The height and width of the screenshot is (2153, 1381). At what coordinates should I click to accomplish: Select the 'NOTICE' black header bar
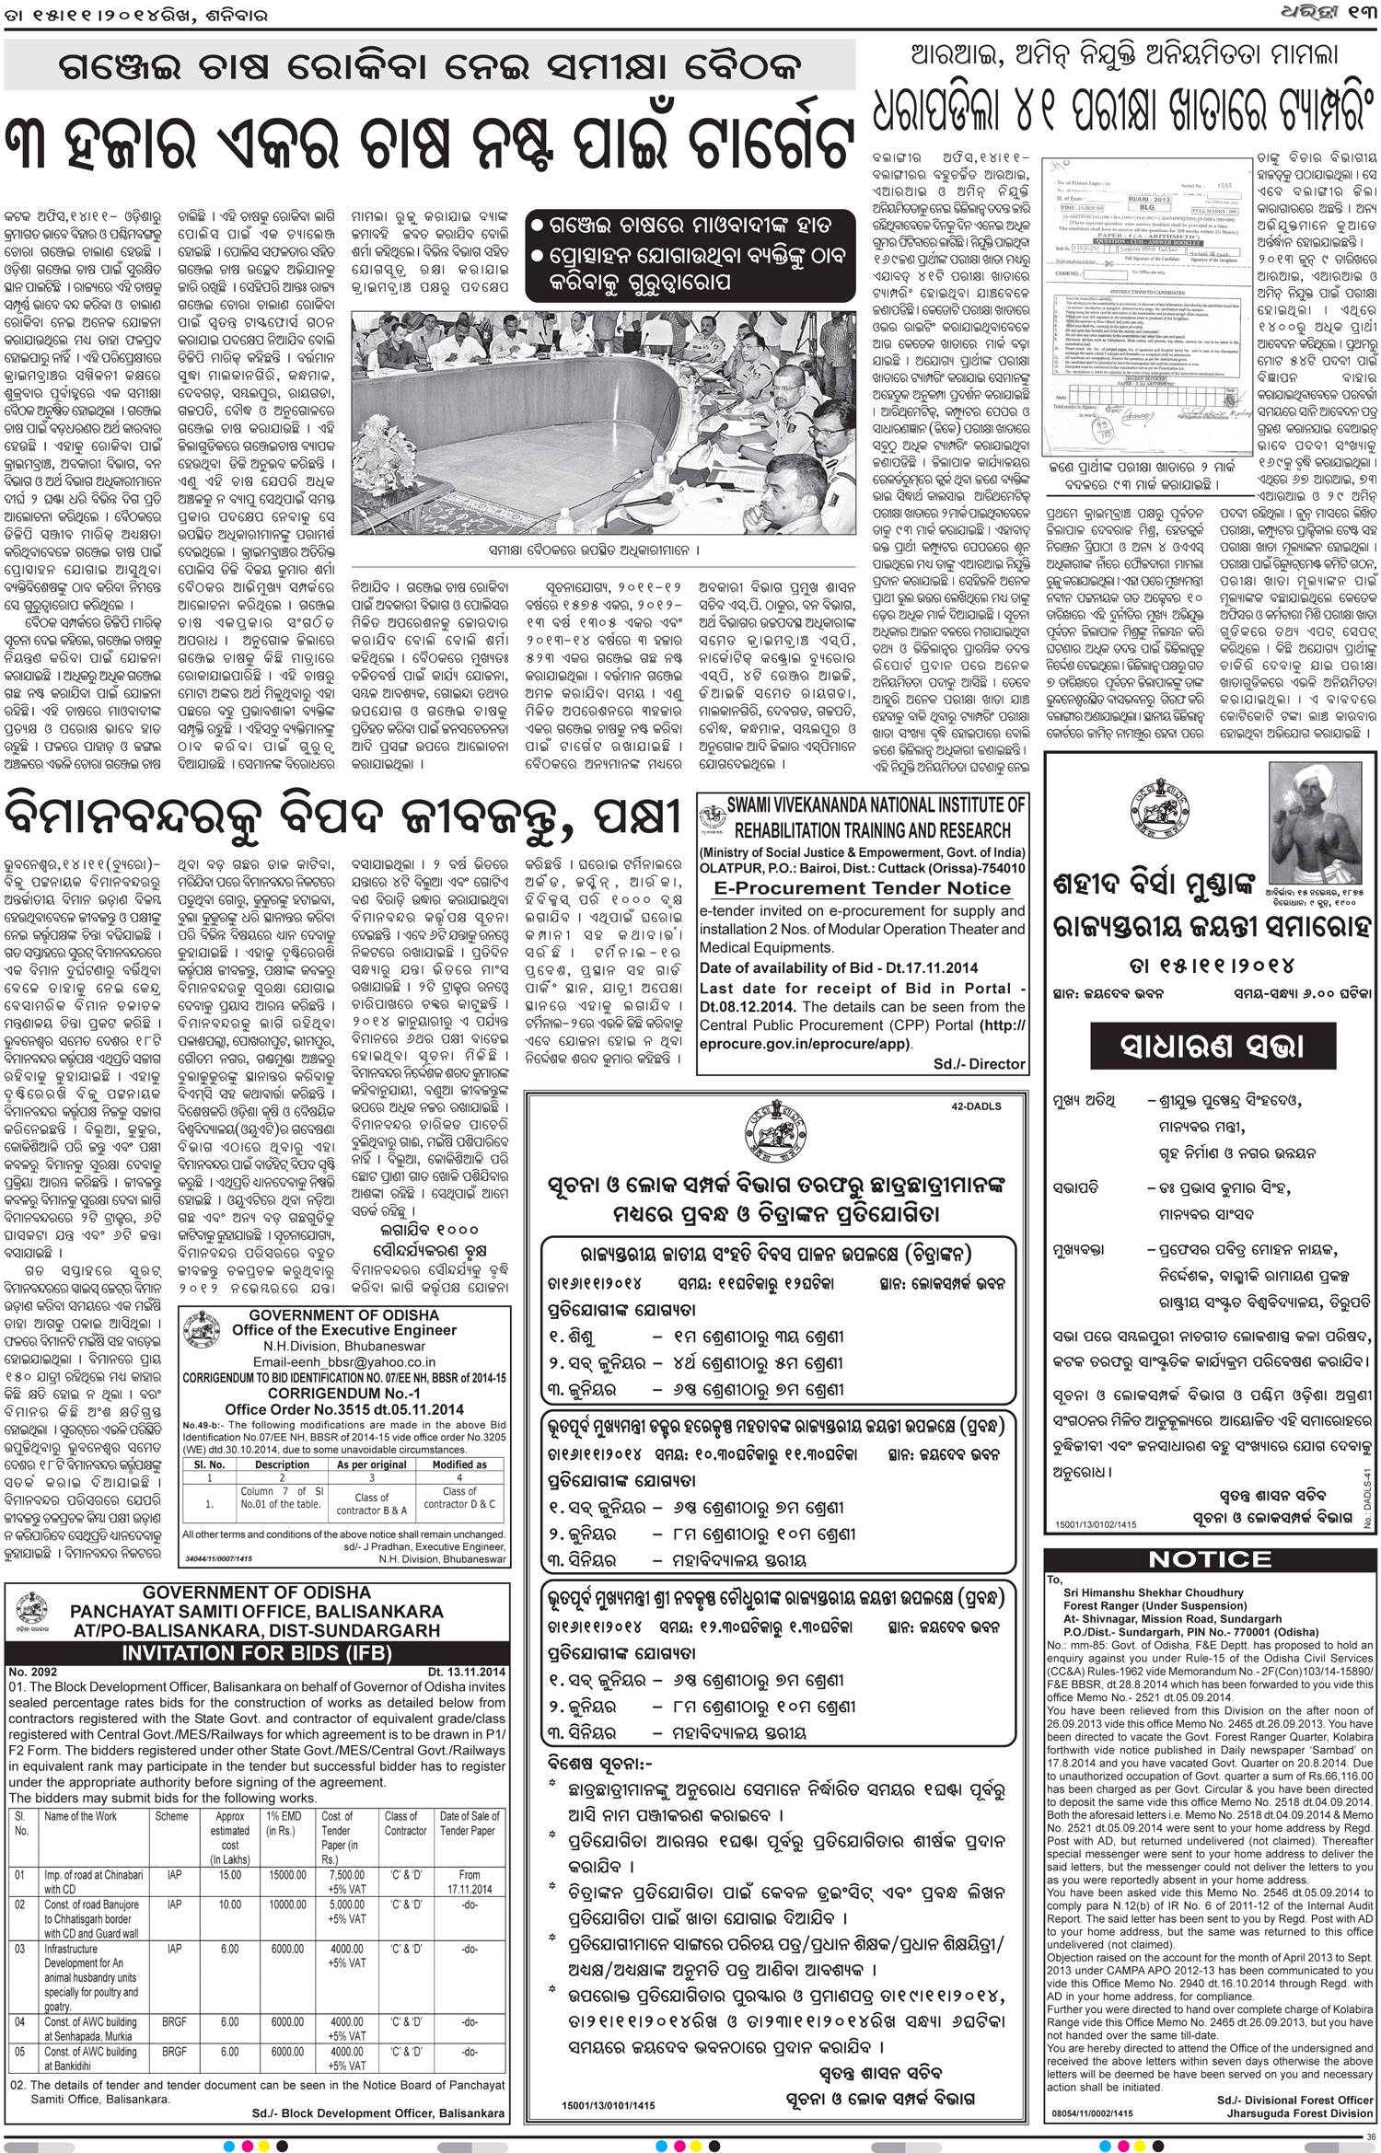coord(1210,1559)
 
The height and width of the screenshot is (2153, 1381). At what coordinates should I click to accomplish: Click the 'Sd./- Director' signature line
coord(979,1063)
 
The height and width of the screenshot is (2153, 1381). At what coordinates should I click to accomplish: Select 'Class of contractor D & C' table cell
coord(459,1502)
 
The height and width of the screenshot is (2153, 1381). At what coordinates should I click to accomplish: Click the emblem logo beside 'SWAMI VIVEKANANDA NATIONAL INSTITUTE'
coord(712,817)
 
